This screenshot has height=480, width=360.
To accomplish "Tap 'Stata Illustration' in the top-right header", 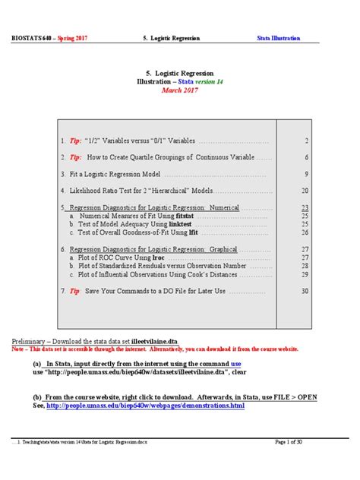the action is click(279, 38).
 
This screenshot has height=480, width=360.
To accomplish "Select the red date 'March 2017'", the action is click(180, 91).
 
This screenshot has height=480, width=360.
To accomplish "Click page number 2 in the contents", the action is click(305, 141).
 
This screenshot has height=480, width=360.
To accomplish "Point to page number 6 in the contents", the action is click(305, 157).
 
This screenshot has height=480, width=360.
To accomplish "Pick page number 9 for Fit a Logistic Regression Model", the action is click(305, 174).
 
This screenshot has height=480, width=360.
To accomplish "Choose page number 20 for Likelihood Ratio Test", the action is click(305, 191).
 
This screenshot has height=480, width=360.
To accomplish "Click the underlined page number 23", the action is click(305, 207).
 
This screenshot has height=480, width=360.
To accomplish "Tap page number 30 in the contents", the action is click(305, 291).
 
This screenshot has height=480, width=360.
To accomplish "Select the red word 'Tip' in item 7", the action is click(75, 291).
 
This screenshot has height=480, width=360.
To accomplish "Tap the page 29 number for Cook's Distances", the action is click(305, 274).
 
